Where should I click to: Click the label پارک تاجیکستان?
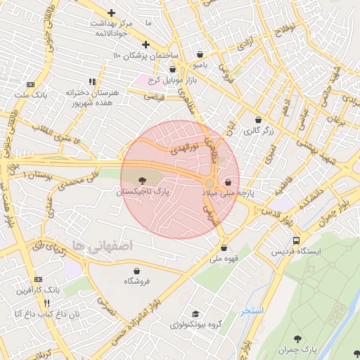click(x=144, y=191)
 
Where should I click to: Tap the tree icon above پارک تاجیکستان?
click(x=144, y=181)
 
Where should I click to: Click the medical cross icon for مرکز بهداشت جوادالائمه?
click(x=112, y=13)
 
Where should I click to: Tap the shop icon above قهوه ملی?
click(x=224, y=247)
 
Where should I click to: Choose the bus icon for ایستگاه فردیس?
click(x=297, y=240)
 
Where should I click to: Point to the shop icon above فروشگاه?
click(x=136, y=271)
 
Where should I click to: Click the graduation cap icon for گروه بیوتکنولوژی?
click(x=195, y=314)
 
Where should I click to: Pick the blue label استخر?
click(x=252, y=310)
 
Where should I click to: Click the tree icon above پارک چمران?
click(x=298, y=340)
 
